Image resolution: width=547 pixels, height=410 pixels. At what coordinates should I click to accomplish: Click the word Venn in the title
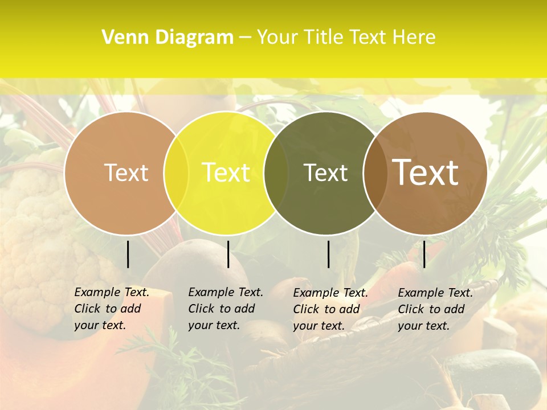(120, 38)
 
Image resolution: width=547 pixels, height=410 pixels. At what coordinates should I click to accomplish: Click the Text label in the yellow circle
(226, 173)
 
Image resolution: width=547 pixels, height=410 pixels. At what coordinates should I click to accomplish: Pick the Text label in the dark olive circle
(325, 173)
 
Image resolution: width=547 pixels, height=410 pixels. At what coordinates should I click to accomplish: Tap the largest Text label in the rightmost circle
(426, 172)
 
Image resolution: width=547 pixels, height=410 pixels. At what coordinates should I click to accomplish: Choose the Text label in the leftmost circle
(126, 173)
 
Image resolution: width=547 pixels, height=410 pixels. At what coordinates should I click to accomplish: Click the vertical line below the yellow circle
(228, 254)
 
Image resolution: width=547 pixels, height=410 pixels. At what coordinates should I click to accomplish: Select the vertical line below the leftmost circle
(128, 254)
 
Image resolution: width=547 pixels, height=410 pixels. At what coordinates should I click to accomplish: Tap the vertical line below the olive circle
(328, 254)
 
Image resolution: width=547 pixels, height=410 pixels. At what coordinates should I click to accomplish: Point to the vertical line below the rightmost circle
(424, 254)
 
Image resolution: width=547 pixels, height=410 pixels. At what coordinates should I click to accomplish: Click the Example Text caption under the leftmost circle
(111, 309)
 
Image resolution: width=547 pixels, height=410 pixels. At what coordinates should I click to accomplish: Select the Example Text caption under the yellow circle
(225, 309)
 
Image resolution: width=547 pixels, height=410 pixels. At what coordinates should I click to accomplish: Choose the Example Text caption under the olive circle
(330, 309)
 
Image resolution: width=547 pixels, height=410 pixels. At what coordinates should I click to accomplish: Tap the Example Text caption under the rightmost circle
(435, 309)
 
